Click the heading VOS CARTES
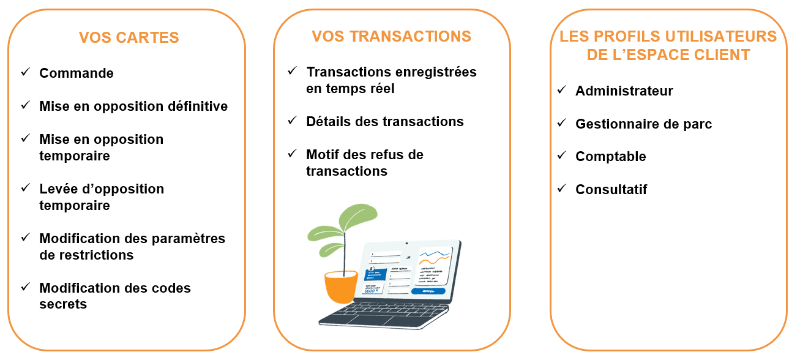(129, 37)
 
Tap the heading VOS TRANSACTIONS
(391, 37)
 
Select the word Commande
(77, 73)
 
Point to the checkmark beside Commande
(26, 72)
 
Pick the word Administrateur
(624, 91)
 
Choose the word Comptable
(611, 157)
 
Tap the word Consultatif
(611, 189)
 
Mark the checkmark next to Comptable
(562, 156)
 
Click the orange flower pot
(341, 287)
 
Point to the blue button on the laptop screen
(428, 291)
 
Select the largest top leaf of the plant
(358, 217)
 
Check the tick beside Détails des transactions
(293, 121)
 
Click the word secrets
(63, 304)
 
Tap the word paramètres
(189, 239)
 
